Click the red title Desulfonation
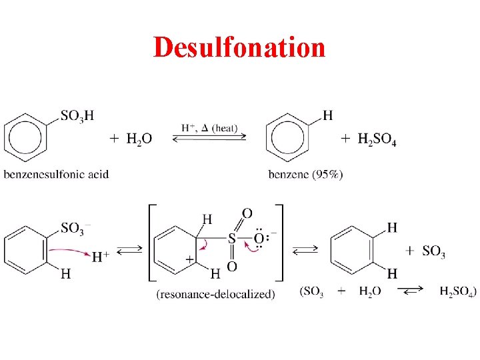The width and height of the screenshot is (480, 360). click(239, 47)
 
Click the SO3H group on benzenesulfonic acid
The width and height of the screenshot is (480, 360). click(77, 117)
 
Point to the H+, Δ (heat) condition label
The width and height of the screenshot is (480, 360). click(209, 128)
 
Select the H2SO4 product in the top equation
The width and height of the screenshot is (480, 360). click(377, 139)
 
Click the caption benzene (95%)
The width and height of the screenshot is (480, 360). click(306, 175)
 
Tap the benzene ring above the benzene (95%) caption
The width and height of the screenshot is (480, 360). click(289, 138)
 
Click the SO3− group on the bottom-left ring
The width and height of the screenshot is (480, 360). click(76, 229)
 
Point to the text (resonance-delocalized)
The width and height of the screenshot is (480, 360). click(215, 294)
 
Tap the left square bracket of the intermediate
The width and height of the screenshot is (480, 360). click(149, 243)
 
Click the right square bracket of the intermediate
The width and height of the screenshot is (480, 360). click(281, 243)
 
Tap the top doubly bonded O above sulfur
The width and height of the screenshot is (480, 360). click(246, 213)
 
